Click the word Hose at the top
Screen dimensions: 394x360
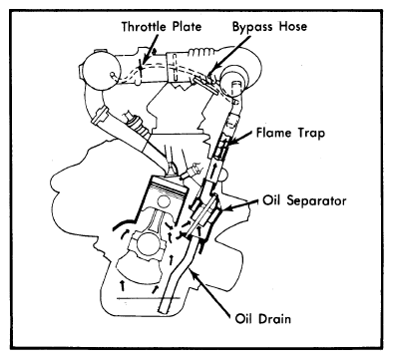(x=292, y=26)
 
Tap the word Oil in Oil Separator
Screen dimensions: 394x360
(x=272, y=200)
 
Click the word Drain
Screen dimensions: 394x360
(x=274, y=319)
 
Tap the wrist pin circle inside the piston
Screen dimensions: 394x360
(x=164, y=202)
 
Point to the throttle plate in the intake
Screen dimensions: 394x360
(x=141, y=67)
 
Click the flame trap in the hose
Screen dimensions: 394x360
(x=221, y=146)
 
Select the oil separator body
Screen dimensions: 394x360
(x=203, y=216)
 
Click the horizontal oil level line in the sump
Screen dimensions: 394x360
(x=149, y=298)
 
